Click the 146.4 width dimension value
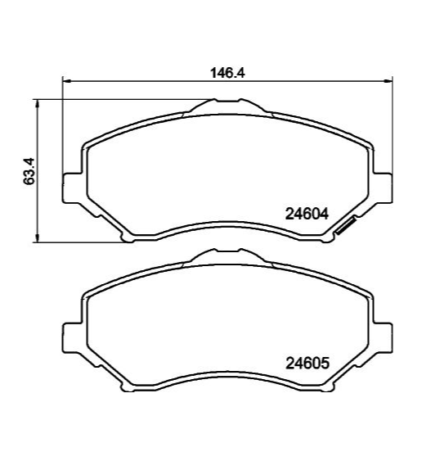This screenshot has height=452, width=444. (227, 73)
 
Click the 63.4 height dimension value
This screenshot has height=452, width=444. (29, 171)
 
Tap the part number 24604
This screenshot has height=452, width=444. (307, 214)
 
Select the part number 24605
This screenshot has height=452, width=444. (307, 364)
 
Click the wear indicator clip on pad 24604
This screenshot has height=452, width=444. (346, 226)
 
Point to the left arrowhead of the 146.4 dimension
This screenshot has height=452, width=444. (66, 81)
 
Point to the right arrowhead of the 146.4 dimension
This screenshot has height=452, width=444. (388, 81)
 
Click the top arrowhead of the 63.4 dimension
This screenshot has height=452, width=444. (37, 103)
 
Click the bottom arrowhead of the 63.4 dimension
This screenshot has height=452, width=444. (37, 238)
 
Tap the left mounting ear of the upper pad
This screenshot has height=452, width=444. (72, 188)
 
